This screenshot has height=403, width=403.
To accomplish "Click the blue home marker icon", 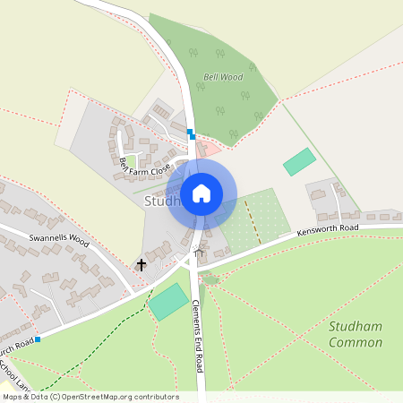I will (201, 193).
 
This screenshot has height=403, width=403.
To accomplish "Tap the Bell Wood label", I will (223, 77).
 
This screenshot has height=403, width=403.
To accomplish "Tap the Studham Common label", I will (355, 335).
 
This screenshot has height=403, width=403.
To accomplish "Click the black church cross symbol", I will (141, 265).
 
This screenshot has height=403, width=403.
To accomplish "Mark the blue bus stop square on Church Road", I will (38, 339).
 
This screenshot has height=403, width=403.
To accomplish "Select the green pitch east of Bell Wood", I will (299, 162).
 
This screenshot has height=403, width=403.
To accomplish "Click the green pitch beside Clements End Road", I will (167, 303).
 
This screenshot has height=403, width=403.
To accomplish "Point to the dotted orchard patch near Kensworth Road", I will (253, 217).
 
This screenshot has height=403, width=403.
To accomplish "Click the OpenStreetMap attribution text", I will (90, 397).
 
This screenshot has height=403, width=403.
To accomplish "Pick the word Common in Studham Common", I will (355, 343).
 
